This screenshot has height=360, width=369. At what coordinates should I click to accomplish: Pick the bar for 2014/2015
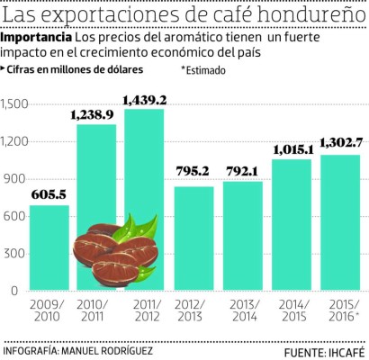(x=292, y=225)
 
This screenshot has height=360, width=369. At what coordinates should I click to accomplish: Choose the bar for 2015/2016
(x=340, y=222)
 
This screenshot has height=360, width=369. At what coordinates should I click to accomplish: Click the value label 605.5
(x=48, y=193)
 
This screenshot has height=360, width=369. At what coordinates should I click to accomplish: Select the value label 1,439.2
(x=145, y=94)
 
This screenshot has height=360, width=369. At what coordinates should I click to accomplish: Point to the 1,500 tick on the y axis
(x=15, y=104)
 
